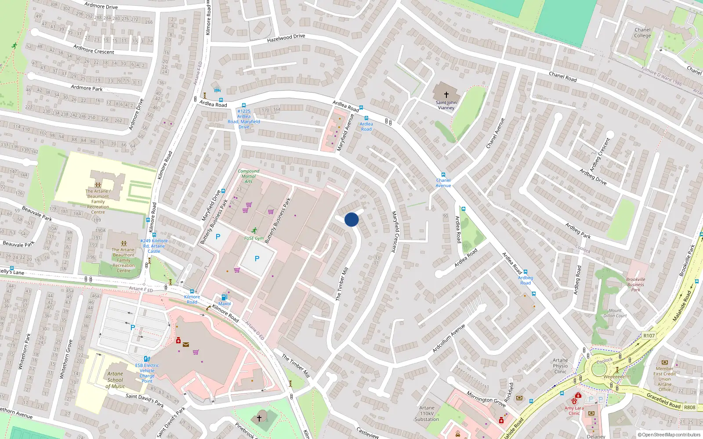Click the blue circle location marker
pos(351,219)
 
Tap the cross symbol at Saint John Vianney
pos(446,94)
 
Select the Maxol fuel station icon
pos(225,297)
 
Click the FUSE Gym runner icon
pos(254,230)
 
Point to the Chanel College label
pos(642,33)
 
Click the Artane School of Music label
pos(115,380)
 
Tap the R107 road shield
pos(649,336)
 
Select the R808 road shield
pos(689,407)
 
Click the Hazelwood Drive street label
pos(286,38)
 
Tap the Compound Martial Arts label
pos(249,176)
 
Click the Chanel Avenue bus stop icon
pos(443,175)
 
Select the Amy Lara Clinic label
pos(574,410)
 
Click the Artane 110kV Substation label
pos(427,414)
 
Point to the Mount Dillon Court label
pos(615,313)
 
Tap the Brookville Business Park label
pos(636,284)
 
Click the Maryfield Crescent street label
pos(394,231)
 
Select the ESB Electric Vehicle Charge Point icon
pos(147,359)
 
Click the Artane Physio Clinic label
pos(560,366)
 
